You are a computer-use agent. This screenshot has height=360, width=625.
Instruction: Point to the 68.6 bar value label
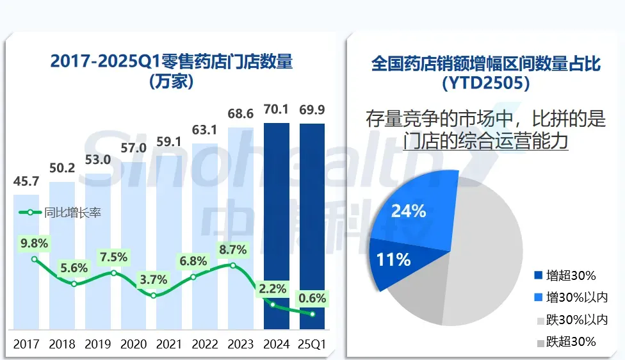click(x=241, y=113)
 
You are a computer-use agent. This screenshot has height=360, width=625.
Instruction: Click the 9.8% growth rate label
click(x=35, y=243)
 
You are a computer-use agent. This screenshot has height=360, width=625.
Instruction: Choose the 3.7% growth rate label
click(x=154, y=279)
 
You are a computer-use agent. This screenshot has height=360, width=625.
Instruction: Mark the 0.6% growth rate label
click(x=312, y=298)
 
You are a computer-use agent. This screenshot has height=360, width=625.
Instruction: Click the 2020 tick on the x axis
click(x=134, y=344)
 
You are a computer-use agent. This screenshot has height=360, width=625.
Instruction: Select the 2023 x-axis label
click(x=241, y=344)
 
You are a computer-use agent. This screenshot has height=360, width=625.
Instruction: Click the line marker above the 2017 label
click(x=35, y=259)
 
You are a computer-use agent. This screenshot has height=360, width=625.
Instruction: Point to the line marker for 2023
click(x=233, y=265)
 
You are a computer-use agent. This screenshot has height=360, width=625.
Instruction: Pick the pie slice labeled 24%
click(x=410, y=211)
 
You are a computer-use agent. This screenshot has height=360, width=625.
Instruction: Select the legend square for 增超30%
click(x=537, y=276)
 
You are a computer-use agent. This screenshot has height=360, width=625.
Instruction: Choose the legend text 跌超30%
click(x=571, y=341)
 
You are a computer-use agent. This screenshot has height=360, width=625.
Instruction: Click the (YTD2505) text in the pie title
click(x=486, y=83)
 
